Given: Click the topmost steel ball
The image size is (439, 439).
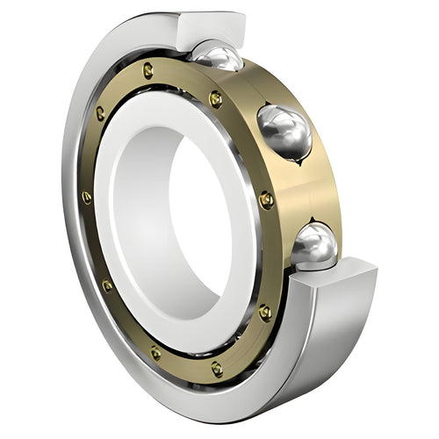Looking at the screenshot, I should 218,58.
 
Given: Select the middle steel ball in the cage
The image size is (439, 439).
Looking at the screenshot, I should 284,131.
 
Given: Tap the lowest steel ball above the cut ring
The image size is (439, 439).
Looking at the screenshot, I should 314,245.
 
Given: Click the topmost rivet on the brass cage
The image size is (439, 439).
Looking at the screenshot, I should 148,69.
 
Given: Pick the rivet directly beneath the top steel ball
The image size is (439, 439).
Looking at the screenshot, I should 215,99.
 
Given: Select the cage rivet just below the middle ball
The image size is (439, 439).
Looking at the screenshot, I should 266,200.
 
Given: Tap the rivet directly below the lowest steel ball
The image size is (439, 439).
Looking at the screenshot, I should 264,312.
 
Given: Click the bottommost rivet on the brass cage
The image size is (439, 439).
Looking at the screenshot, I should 216,368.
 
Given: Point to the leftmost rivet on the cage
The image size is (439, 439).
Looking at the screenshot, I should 86,197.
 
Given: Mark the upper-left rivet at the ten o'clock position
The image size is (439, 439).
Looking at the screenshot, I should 100,112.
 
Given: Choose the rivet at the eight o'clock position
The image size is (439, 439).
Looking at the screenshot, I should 107,285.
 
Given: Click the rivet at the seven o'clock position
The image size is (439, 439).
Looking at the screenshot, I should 155,353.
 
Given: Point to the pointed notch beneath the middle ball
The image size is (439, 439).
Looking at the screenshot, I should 303,162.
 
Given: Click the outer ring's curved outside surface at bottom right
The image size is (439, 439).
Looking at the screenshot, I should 290,378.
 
